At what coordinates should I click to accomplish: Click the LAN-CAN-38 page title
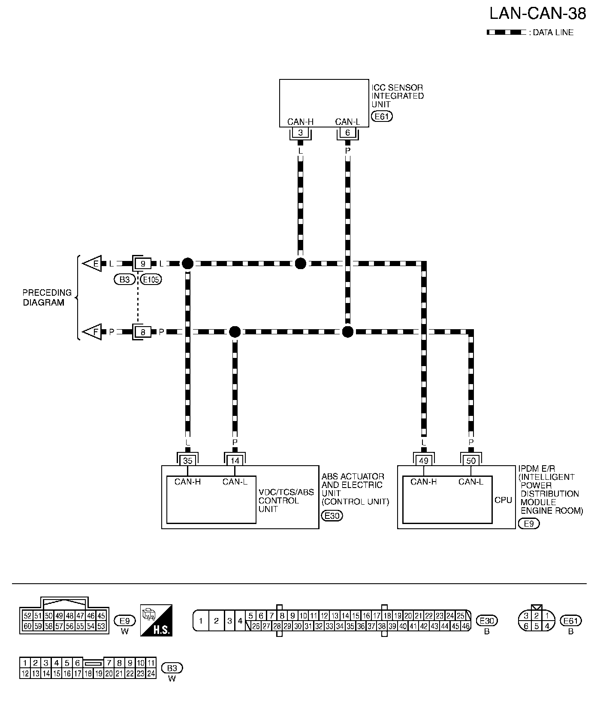537,14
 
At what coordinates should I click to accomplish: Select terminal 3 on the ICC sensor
300,133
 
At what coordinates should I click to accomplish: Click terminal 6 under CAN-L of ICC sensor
347,133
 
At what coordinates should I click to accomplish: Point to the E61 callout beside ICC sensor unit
382,116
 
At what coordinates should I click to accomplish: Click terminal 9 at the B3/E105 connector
143,264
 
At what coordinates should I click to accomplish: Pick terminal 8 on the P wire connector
143,332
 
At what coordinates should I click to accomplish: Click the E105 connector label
151,280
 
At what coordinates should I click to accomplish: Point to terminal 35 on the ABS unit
188,461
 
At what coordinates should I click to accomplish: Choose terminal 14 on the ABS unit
235,461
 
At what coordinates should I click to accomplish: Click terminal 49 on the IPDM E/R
424,461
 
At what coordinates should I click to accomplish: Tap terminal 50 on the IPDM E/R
471,461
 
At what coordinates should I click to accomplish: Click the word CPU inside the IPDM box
503,500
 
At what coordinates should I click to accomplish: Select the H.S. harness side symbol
157,620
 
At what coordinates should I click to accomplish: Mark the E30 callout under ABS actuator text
332,516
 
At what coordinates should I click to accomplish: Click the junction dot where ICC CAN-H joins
300,264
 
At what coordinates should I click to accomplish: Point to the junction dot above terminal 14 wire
235,332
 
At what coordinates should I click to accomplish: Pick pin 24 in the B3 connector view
151,674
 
